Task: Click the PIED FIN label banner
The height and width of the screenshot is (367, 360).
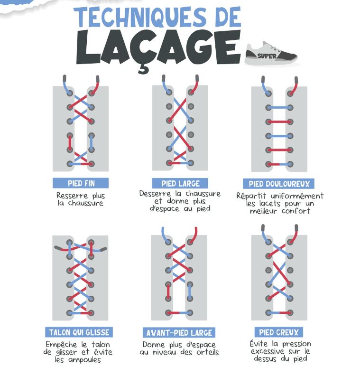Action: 81,183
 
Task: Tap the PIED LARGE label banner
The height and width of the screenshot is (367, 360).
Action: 180,183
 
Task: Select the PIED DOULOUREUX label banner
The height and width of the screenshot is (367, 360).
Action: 278,184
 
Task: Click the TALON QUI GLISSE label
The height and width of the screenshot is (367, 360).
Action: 79,332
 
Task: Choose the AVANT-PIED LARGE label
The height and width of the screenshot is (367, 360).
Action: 179,333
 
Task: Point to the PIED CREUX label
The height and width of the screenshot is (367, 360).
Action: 279,332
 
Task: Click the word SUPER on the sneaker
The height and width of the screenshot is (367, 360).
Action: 267,56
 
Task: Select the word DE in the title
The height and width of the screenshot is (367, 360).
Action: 227,17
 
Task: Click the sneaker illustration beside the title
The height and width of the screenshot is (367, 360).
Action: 271,53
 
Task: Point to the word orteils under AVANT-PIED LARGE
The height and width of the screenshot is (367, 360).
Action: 208,352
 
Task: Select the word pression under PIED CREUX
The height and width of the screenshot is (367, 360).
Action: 296,344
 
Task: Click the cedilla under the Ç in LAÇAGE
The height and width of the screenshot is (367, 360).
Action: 143,69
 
